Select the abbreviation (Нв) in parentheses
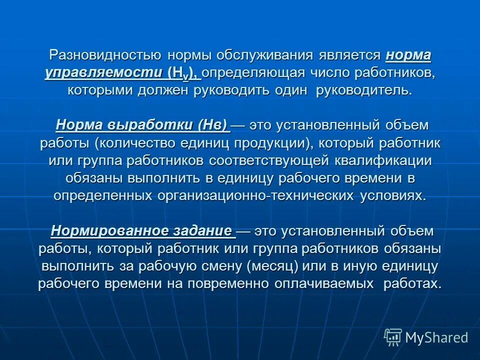pyautogui.click(x=212, y=124)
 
